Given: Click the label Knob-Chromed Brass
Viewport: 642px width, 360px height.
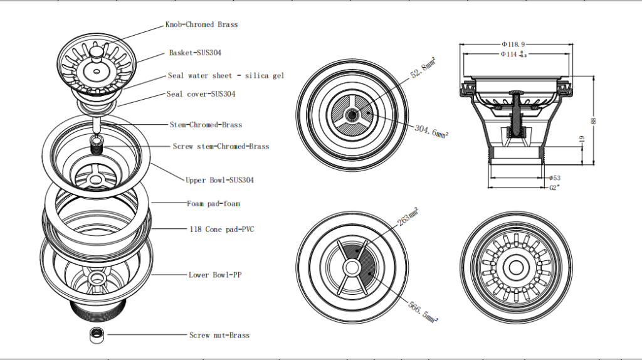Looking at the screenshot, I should [x=201, y=24].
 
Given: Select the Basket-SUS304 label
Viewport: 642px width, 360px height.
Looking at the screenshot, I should [x=194, y=53].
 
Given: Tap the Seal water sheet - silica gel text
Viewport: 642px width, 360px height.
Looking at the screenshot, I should [x=226, y=76].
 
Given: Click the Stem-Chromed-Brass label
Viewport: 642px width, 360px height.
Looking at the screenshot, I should [x=206, y=125].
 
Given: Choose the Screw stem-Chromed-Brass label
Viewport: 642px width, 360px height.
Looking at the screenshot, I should [x=221, y=146].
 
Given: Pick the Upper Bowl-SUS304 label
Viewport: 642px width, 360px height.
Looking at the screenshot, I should [x=219, y=180].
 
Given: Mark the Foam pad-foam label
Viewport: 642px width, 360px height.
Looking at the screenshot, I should [x=213, y=204].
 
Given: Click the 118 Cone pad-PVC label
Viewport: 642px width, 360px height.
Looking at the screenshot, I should [x=221, y=230].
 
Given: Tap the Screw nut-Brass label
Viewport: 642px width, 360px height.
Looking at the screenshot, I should [x=219, y=336].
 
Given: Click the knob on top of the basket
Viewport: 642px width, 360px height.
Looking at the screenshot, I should [x=95, y=50].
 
